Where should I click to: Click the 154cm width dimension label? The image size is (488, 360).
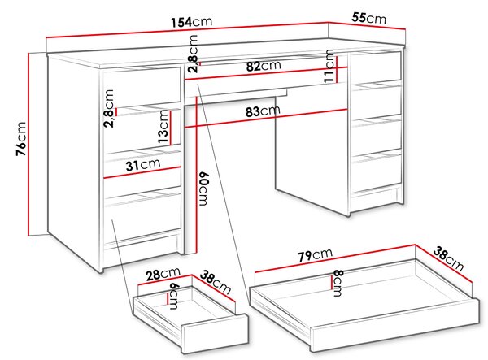[192, 22]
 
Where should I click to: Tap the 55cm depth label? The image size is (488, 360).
[368, 18]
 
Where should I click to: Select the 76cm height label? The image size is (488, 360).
[21, 139]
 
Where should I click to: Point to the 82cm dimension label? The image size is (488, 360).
[264, 66]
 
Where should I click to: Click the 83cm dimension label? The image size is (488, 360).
[263, 111]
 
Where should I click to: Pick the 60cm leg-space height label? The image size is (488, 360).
[203, 189]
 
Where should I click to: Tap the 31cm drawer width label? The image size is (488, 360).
[143, 164]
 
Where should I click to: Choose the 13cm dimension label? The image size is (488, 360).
[163, 127]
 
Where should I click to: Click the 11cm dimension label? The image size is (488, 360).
[329, 66]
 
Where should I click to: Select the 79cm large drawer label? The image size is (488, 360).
[315, 254]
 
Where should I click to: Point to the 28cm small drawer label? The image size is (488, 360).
[163, 274]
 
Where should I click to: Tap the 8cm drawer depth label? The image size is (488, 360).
[338, 283]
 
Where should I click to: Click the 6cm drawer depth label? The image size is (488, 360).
[172, 296]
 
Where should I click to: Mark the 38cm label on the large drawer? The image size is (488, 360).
[448, 258]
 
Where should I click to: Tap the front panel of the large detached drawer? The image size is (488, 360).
[394, 325]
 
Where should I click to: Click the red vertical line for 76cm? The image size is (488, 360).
[28, 145]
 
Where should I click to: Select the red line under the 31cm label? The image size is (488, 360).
[142, 172]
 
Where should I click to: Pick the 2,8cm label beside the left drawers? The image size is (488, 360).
[109, 109]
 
